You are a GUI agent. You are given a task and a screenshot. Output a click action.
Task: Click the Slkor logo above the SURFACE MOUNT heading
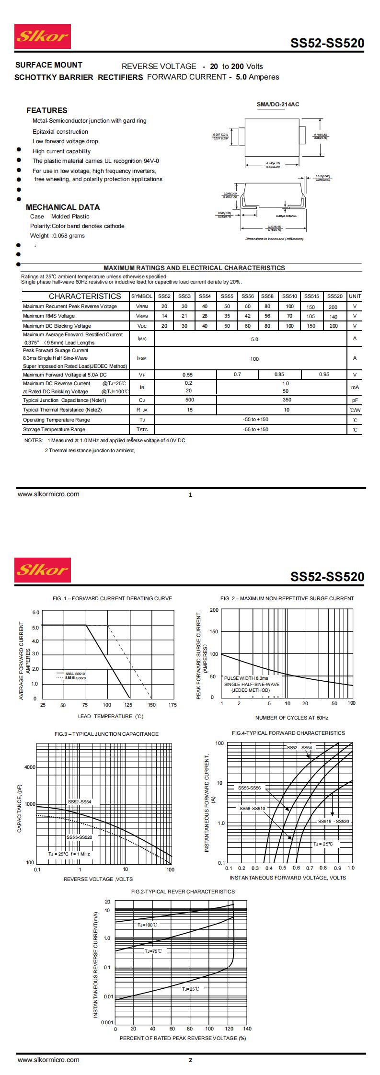[x=43, y=36]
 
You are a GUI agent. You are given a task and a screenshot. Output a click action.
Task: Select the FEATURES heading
[x=46, y=110]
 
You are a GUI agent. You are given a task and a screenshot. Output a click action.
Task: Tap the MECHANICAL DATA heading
[x=63, y=207]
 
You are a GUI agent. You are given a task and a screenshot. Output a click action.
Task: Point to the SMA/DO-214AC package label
[x=278, y=104]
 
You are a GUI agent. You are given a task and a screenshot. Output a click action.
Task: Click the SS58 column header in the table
[x=267, y=296]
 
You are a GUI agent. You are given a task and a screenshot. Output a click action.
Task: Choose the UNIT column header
[x=355, y=296]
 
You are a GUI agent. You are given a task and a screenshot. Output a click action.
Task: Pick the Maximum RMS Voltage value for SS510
[x=289, y=316]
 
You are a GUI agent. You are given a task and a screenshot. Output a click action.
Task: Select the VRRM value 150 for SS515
[x=311, y=307]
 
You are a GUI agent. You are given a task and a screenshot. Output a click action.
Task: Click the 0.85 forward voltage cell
[x=279, y=374]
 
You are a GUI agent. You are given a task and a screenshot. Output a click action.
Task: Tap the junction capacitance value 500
[x=190, y=400]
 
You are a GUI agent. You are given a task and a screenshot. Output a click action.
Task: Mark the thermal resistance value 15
[x=190, y=410]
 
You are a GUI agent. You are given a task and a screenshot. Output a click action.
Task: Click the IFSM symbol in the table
[x=142, y=358]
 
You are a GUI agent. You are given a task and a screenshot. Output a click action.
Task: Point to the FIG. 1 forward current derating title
[x=113, y=598]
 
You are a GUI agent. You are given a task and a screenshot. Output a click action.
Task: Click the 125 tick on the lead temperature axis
[x=129, y=705]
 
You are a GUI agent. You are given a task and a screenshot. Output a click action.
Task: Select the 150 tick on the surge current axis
[x=214, y=632]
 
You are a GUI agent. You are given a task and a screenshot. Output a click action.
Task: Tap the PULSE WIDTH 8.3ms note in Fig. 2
[x=246, y=678]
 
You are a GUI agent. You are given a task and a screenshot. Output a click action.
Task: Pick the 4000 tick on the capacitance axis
[x=30, y=767]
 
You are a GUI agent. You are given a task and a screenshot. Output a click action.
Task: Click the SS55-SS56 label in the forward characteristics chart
[x=250, y=788]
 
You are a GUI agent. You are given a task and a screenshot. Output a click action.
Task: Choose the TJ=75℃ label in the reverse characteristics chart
[x=153, y=951]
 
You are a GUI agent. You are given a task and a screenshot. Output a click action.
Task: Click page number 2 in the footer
[x=190, y=1060]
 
